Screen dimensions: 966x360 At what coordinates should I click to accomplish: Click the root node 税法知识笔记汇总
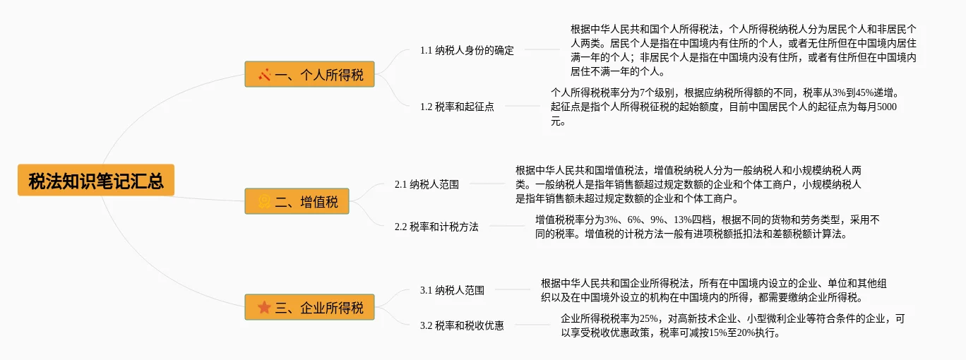(x=96, y=181)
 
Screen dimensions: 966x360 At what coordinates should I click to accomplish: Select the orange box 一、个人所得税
(x=309, y=74)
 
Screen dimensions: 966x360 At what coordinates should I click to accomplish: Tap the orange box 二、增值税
(x=297, y=202)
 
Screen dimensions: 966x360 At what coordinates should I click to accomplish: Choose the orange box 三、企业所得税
(x=309, y=308)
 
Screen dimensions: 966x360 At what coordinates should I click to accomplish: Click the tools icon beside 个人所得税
(x=265, y=74)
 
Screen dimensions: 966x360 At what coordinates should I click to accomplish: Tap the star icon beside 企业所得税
(x=265, y=308)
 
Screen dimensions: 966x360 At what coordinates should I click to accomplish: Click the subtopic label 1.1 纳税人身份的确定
(x=467, y=50)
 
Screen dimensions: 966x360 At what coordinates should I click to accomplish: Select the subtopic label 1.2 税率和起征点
(x=457, y=107)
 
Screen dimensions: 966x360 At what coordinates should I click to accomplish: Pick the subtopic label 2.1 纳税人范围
(x=427, y=184)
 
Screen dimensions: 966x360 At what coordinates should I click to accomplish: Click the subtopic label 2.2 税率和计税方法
(x=436, y=227)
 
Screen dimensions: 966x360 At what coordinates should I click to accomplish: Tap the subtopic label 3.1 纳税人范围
(x=452, y=290)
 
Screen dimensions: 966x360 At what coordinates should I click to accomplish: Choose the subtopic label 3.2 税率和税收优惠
(x=462, y=325)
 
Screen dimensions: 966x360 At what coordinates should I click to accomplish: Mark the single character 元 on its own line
(x=556, y=121)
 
